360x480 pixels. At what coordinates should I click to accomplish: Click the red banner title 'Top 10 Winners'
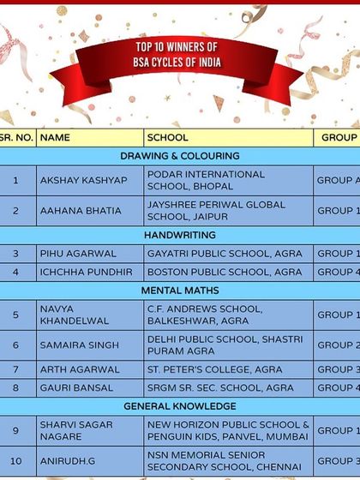click(177, 57)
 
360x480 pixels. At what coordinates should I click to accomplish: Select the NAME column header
click(56, 137)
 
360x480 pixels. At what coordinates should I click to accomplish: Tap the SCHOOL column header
click(168, 137)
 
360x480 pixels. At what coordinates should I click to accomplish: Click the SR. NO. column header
click(16, 137)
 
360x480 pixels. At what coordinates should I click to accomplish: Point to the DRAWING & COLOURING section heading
click(180, 156)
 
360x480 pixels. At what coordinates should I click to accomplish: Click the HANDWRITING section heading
click(180, 235)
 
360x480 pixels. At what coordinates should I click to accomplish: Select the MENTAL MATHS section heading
click(180, 291)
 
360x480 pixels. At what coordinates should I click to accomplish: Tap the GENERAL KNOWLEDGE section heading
click(180, 405)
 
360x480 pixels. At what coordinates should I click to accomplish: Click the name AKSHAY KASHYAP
click(83, 180)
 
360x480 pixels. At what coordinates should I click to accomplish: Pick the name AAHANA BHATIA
click(81, 211)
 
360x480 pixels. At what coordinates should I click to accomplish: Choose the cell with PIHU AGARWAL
click(77, 254)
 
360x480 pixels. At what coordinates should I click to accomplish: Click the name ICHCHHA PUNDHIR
click(87, 272)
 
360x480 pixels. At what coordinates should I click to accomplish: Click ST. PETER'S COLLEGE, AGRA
click(214, 369)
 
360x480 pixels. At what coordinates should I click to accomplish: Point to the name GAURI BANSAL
click(76, 387)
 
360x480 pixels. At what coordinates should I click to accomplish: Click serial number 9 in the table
click(15, 430)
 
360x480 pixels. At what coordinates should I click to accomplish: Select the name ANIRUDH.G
click(67, 461)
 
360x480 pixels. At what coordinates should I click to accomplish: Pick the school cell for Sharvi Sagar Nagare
click(228, 430)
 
